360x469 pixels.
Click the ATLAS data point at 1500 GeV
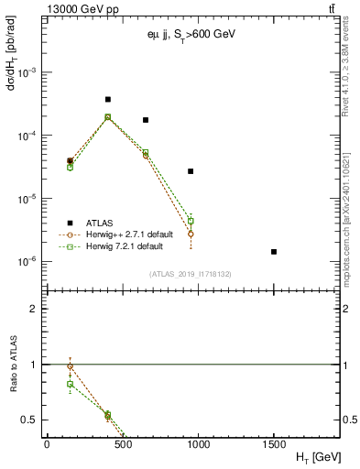click(274, 251)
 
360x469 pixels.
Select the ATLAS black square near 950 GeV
click(191, 171)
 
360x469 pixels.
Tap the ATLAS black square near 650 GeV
click(146, 120)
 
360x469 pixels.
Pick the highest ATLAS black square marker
click(108, 99)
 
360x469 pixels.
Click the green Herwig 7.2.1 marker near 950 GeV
click(191, 221)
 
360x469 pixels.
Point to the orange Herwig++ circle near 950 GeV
click(191, 234)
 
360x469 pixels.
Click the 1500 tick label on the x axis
click(274, 444)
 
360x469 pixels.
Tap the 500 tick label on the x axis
click(123, 444)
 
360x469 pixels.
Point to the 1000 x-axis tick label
click(198, 444)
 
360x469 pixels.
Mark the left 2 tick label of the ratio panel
click(36, 309)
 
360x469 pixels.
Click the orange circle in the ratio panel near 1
click(71, 366)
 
